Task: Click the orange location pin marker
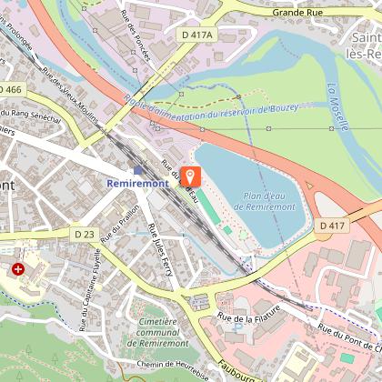(190, 176)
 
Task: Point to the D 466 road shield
(10, 90)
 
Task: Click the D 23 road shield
(84, 235)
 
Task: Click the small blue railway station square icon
(137, 169)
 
